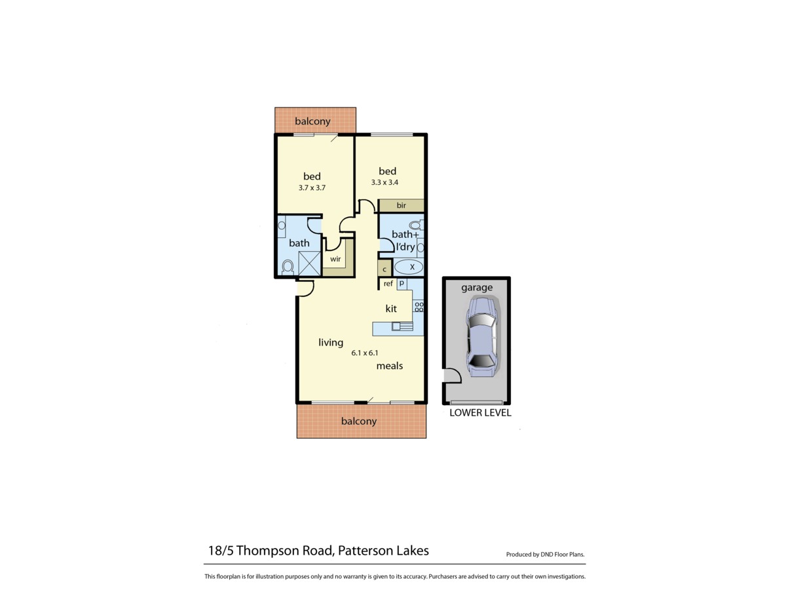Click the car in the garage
click(x=481, y=337)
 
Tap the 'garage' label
click(x=476, y=287)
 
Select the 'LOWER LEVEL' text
click(x=480, y=413)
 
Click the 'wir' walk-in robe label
click(x=335, y=259)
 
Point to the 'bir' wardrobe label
click(x=401, y=206)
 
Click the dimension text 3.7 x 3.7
click(x=312, y=187)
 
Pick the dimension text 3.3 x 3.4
click(x=388, y=183)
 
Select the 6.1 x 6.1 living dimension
click(x=365, y=353)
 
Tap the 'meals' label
click(x=389, y=366)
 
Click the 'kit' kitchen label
click(x=391, y=308)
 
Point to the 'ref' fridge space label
click(x=388, y=283)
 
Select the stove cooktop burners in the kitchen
click(x=419, y=307)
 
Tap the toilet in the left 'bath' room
click(x=287, y=267)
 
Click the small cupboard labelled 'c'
click(x=384, y=269)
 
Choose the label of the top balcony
click(x=312, y=121)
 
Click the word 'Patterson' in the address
click(x=365, y=551)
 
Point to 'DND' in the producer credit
click(x=548, y=555)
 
